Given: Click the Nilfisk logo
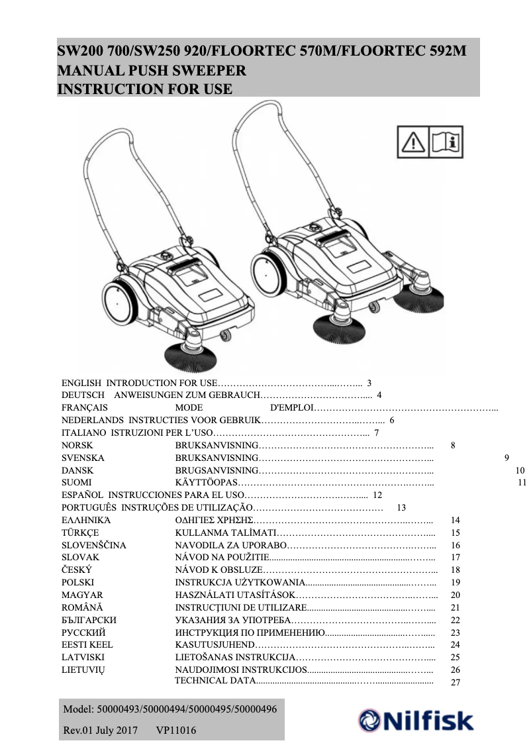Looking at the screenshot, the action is [416, 721].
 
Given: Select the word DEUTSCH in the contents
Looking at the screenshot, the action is [80, 395].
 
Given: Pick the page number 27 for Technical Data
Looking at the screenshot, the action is [455, 682].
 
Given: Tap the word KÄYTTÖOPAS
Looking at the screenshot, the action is [205, 483].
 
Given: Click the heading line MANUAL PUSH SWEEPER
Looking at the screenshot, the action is [152, 70].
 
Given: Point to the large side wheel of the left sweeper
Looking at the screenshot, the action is [121, 305].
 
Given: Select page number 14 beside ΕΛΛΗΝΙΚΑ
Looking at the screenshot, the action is [455, 521].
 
